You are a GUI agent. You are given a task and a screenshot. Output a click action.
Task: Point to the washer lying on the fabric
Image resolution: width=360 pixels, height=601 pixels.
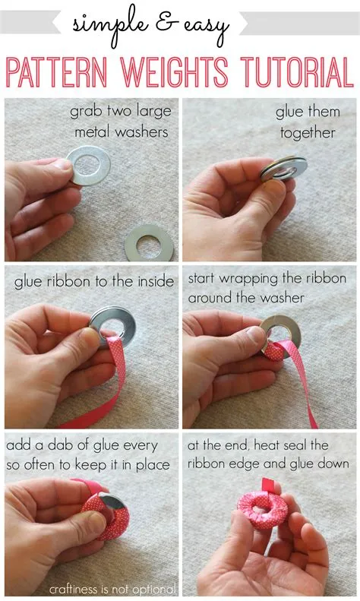coord(149,242)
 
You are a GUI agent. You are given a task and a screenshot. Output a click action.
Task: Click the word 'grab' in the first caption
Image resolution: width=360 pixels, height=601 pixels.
coord(87,112)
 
